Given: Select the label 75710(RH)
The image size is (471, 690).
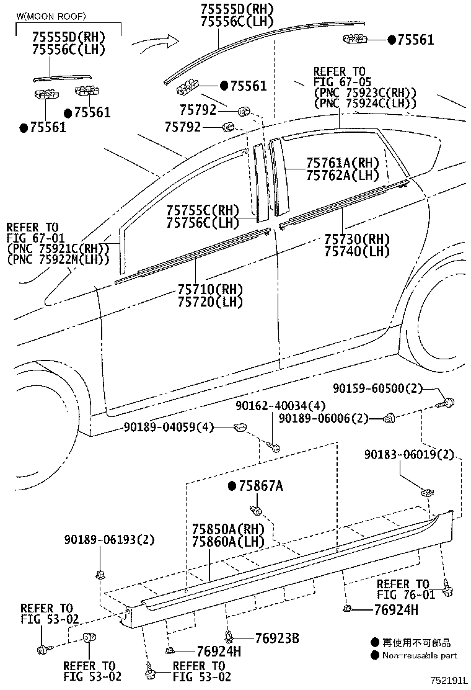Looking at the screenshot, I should coord(210,290).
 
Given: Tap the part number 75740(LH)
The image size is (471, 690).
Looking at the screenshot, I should coord(357,251).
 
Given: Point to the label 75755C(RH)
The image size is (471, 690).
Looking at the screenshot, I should coord(202,210).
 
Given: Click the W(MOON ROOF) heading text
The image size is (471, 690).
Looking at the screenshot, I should coord(51,16).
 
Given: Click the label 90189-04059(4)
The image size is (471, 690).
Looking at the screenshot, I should coord(169,427).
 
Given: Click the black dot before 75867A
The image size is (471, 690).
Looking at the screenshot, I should coord(232,486).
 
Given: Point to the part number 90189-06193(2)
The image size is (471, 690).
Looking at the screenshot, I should coord(108,539).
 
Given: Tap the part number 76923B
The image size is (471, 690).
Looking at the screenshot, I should coord(277,638).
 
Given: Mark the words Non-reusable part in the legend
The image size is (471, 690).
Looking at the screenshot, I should coord(420,655).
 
